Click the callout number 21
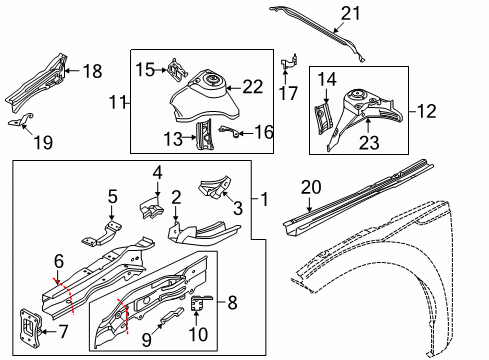(x=350, y=14)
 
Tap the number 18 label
(x=92, y=71)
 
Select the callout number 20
(x=311, y=187)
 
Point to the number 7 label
(x=63, y=331)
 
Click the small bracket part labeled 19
(x=21, y=120)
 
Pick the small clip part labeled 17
(x=289, y=62)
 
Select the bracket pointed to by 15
(x=178, y=69)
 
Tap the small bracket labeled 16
(x=229, y=131)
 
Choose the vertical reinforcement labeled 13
(x=204, y=135)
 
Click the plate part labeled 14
(x=324, y=118)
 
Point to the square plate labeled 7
(x=31, y=326)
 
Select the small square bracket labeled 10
(x=199, y=303)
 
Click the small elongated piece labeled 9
(x=172, y=315)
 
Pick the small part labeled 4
(x=151, y=207)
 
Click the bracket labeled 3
(x=215, y=187)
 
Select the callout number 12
(x=426, y=111)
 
